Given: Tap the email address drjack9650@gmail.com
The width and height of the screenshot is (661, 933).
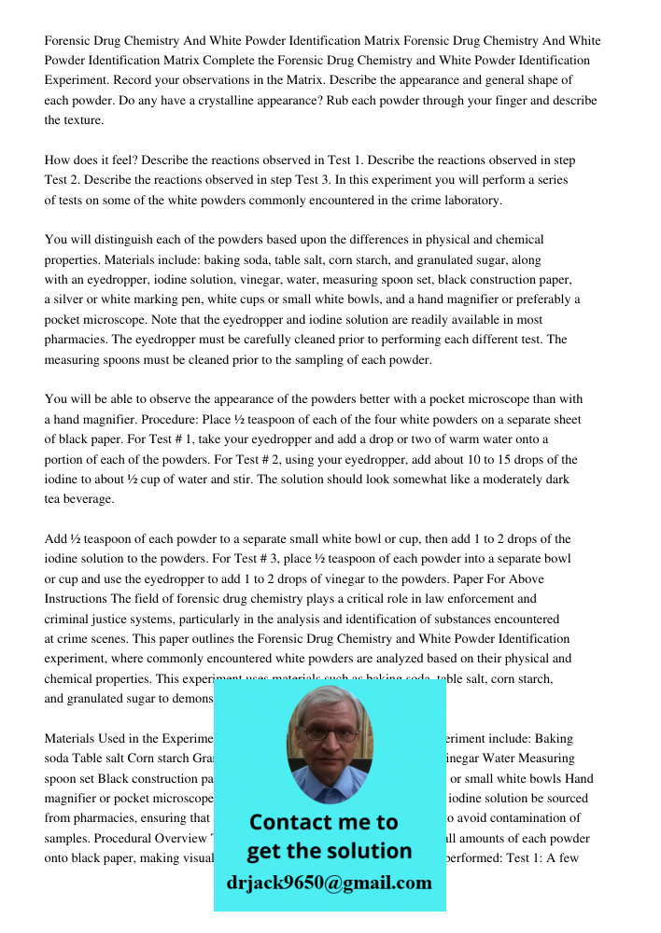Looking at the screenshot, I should pyautogui.click(x=330, y=883).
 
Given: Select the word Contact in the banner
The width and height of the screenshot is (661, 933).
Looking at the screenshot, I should pyautogui.click(x=296, y=823).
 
